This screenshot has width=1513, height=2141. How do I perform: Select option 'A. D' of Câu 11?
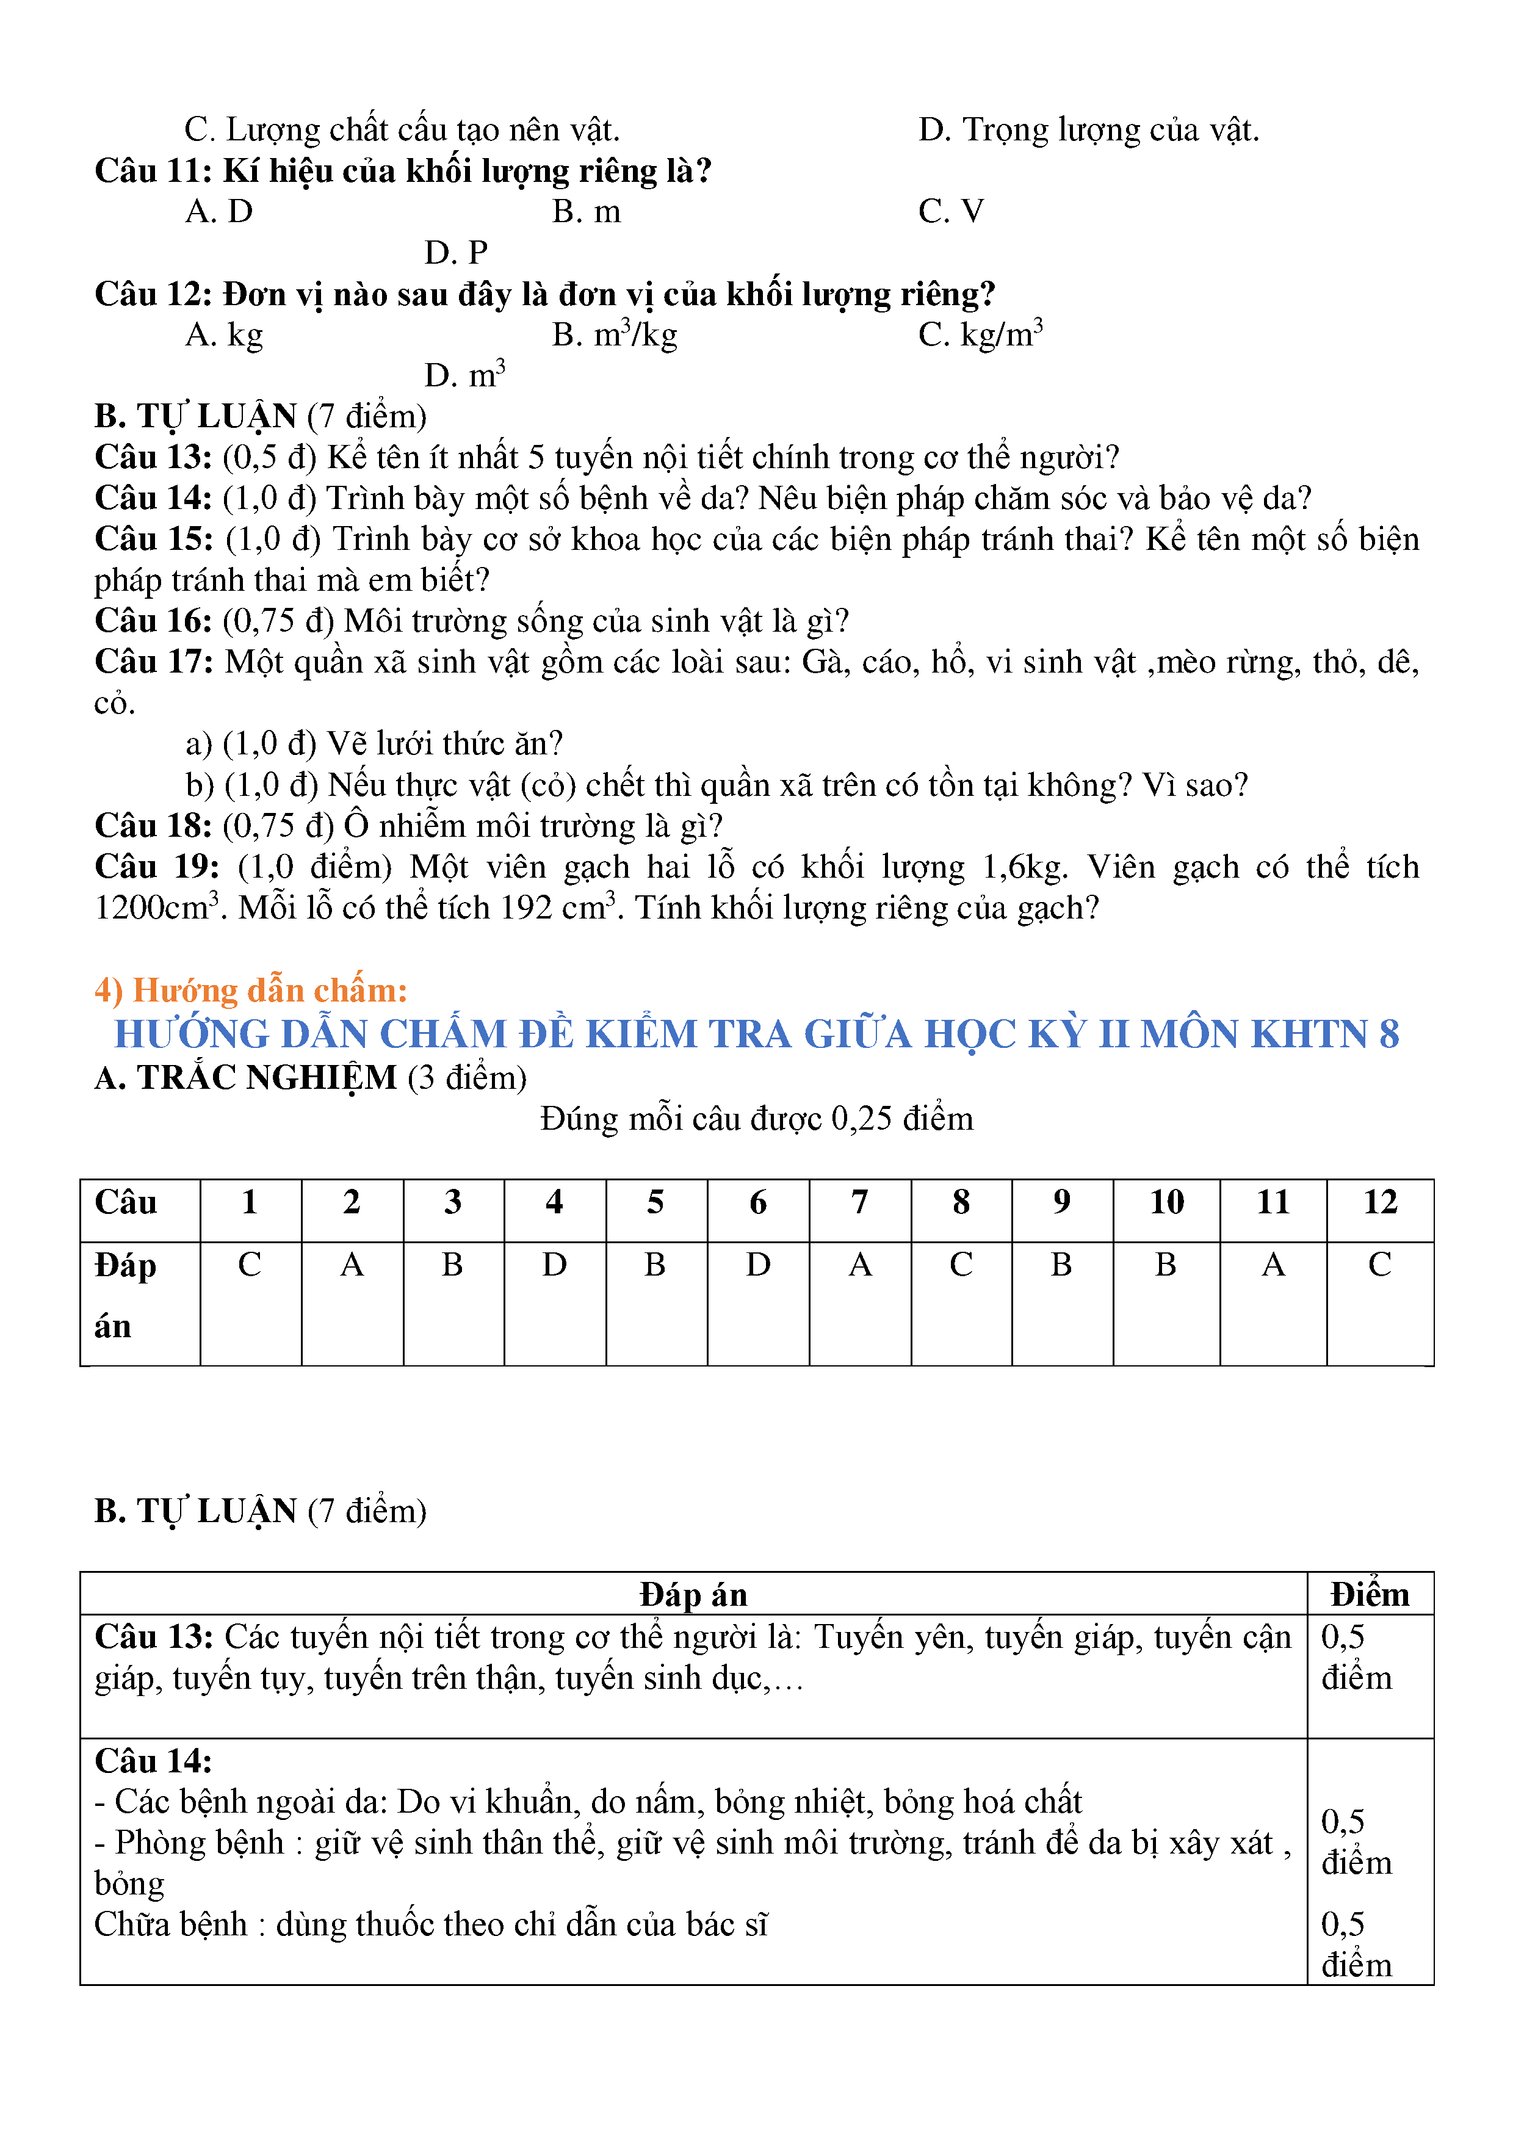pyautogui.click(x=219, y=212)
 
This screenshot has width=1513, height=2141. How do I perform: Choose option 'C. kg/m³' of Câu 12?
pyautogui.click(x=980, y=334)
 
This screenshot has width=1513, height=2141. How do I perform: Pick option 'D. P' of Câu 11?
pyautogui.click(x=456, y=253)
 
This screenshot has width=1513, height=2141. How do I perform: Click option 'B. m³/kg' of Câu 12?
pyautogui.click(x=615, y=334)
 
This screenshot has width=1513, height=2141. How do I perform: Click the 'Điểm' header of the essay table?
pyautogui.click(x=1370, y=1595)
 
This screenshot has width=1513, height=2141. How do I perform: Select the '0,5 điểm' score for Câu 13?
pyautogui.click(x=1356, y=1657)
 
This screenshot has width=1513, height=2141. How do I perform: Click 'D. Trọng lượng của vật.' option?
pyautogui.click(x=1088, y=129)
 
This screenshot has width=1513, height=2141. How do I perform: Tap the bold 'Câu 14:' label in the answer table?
pyautogui.click(x=153, y=1761)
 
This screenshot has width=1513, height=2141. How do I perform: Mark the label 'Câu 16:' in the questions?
pyautogui.click(x=153, y=621)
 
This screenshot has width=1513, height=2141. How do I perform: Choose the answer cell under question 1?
pyautogui.click(x=250, y=1265)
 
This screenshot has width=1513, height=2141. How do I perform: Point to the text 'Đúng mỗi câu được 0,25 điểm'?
pyautogui.click(x=756, y=1119)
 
